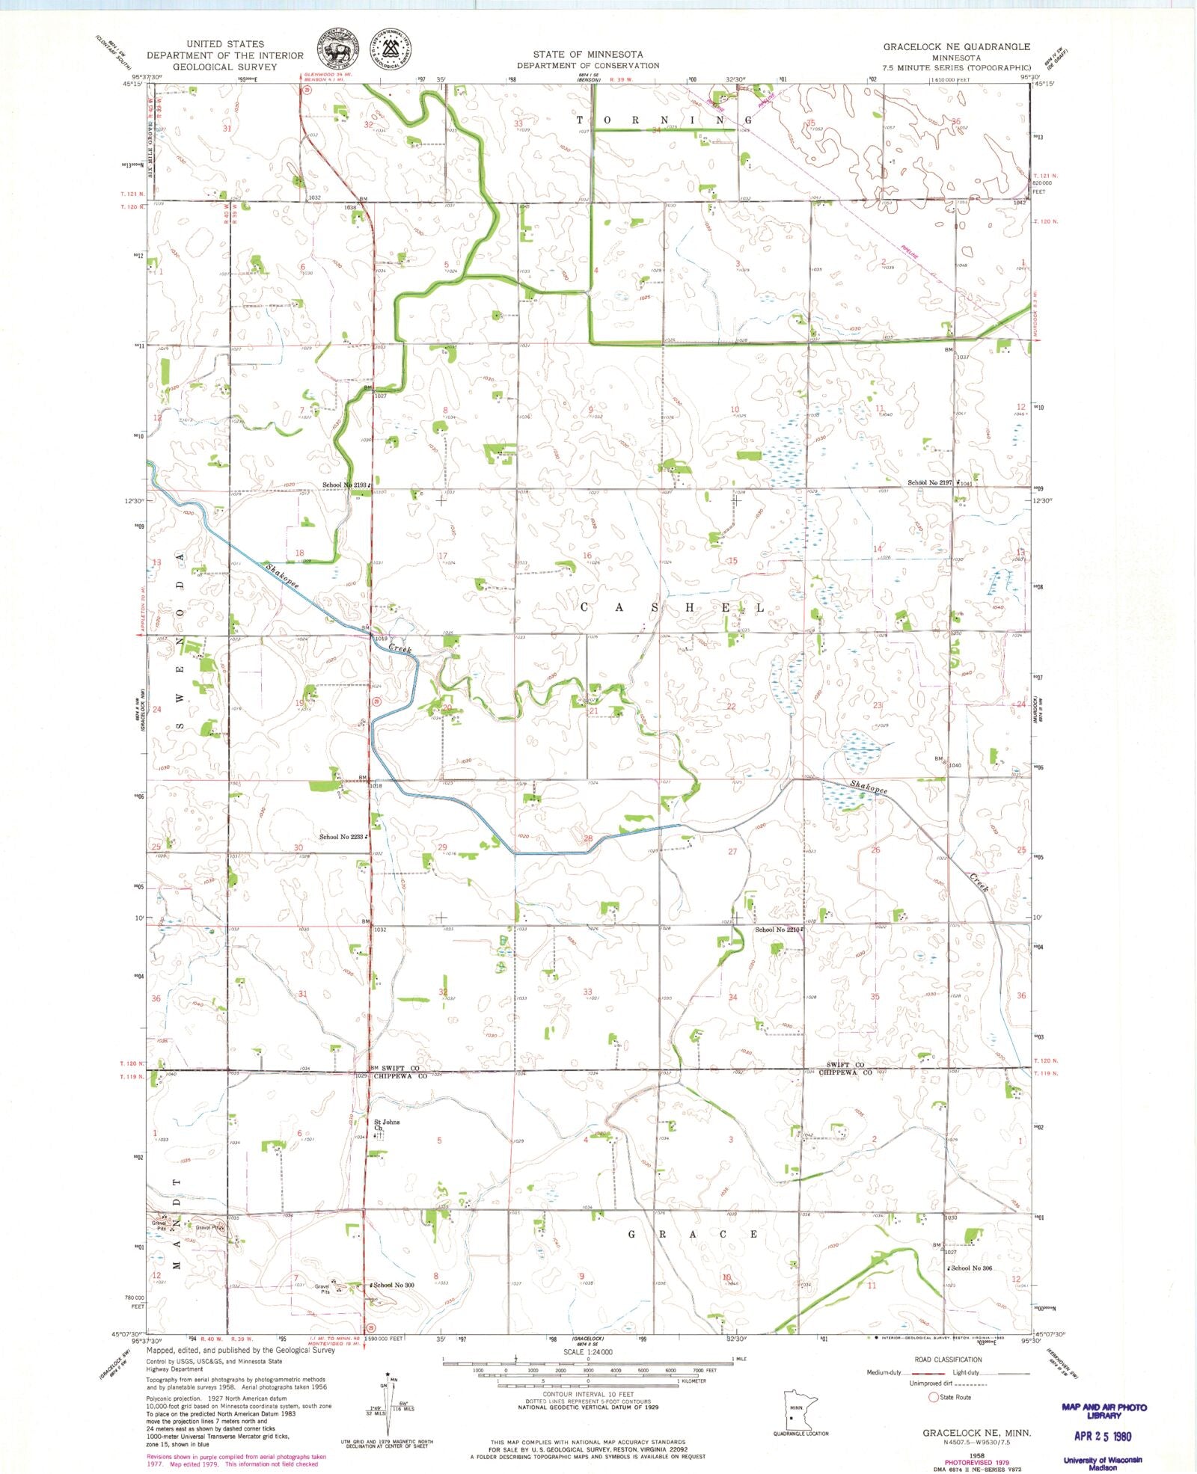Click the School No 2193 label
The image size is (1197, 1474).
[x=345, y=485]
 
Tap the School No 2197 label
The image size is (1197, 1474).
[x=930, y=483]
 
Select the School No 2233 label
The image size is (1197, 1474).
[x=341, y=837]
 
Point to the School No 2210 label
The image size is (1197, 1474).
[x=777, y=930]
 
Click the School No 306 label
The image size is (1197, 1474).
[x=970, y=1268]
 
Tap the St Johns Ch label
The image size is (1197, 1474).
[x=386, y=1125]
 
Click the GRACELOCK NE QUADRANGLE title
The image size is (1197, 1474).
[x=956, y=46]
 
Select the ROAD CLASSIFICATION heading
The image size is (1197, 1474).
[x=948, y=1360]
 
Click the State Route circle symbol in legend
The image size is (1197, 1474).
[x=933, y=1397]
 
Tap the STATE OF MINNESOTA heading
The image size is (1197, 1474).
[x=588, y=55]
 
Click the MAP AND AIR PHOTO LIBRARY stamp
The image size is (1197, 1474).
[x=1103, y=1410]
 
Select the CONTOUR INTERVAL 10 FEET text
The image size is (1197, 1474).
[x=587, y=1395]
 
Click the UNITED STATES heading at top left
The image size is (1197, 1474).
[x=225, y=44]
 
